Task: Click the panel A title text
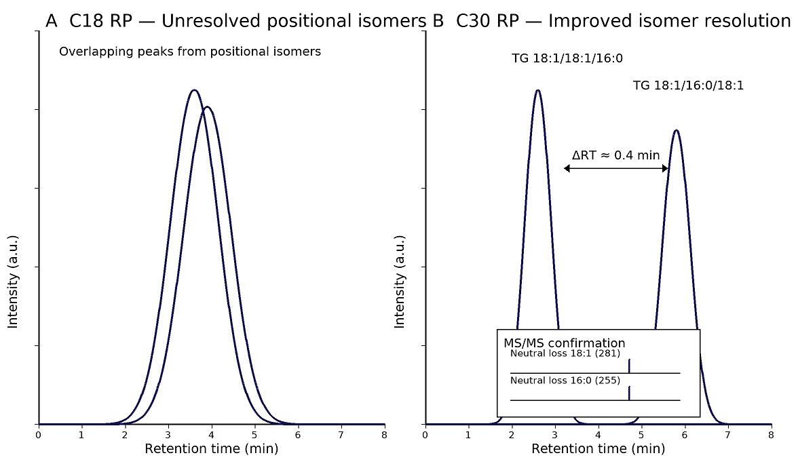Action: (x=235, y=21)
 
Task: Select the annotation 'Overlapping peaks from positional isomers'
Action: (x=190, y=52)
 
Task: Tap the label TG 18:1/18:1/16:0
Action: (x=567, y=59)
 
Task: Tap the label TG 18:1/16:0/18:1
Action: (x=688, y=85)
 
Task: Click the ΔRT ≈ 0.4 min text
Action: (x=615, y=155)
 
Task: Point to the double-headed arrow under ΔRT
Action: (x=616, y=169)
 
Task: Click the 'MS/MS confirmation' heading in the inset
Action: (x=564, y=343)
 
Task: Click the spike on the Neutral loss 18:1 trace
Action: (x=629, y=366)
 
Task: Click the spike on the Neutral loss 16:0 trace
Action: (x=629, y=393)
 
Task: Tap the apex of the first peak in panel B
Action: (x=538, y=90)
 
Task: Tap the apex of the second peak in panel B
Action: (x=676, y=130)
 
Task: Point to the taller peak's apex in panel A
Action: (x=195, y=90)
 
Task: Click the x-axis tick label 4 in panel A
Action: (x=212, y=435)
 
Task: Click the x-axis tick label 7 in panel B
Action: (x=728, y=435)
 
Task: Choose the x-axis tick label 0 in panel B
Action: (x=425, y=435)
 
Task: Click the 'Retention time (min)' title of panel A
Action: (x=211, y=448)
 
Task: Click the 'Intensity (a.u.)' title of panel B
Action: (x=400, y=282)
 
